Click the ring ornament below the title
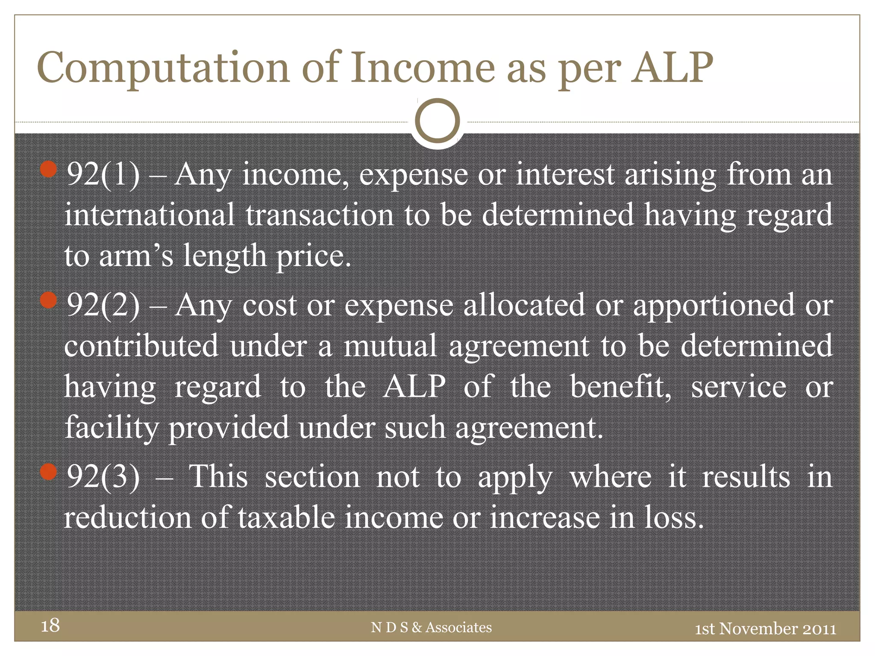click(437, 121)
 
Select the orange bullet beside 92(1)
click(49, 170)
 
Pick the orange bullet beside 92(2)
click(49, 300)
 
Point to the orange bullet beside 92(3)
click(49, 472)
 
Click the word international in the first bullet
click(150, 214)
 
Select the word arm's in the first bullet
click(136, 255)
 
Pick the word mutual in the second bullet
click(390, 346)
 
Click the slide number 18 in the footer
click(50, 625)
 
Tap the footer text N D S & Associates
click(431, 627)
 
